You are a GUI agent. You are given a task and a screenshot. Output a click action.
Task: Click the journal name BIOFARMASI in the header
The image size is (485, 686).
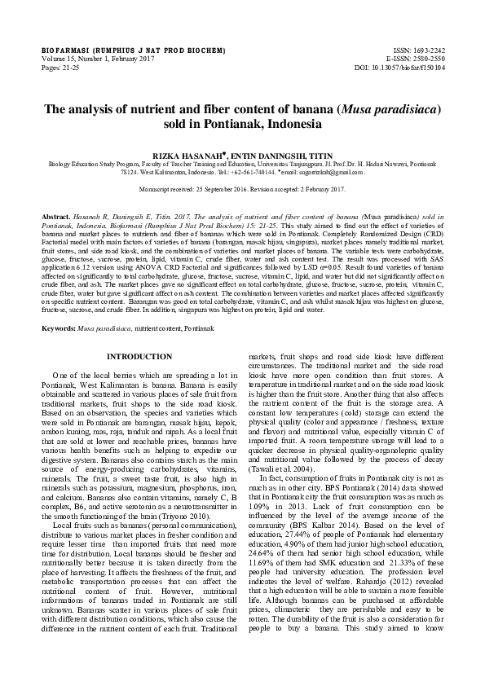click(x=64, y=51)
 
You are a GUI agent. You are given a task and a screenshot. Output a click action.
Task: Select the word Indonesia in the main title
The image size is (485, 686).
click(x=284, y=125)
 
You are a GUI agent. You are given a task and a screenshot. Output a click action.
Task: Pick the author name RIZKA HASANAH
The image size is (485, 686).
click(x=192, y=154)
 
